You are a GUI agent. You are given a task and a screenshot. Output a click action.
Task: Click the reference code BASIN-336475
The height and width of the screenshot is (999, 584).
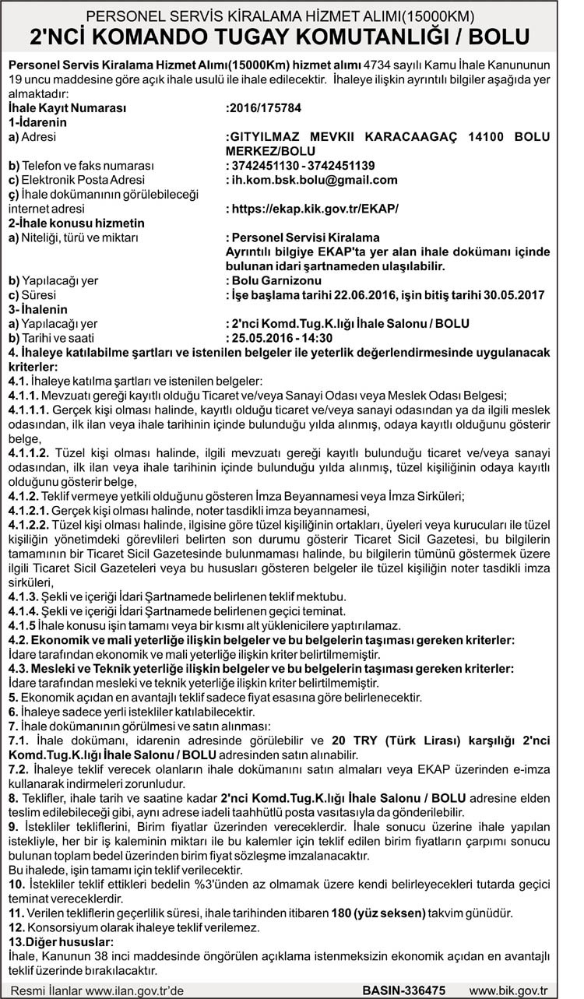click(x=404, y=990)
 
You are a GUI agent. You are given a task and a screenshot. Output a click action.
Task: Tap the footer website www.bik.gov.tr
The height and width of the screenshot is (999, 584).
click(x=509, y=990)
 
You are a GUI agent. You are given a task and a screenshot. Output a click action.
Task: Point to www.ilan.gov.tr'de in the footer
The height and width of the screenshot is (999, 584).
click(x=134, y=990)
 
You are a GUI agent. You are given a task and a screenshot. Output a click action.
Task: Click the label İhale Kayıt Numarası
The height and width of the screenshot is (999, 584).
click(x=66, y=108)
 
